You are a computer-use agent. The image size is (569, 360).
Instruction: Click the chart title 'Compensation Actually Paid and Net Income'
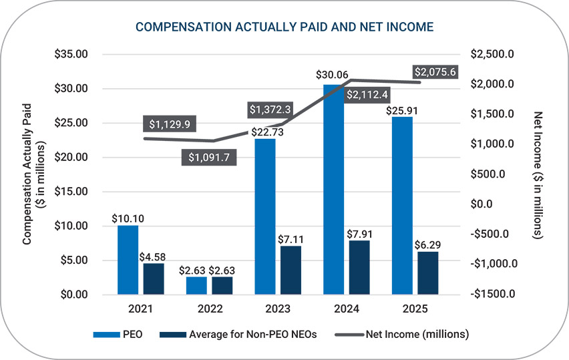pos(284,27)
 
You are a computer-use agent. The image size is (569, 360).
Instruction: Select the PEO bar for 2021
pos(128,260)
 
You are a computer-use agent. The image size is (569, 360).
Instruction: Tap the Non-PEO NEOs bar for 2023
pos(291,270)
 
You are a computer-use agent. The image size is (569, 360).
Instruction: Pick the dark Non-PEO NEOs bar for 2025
pos(428,273)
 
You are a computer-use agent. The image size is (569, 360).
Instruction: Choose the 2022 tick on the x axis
pos(210,309)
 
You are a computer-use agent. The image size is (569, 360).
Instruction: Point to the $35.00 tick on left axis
pos(71,54)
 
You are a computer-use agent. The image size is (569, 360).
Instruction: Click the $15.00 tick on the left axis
pos(71,192)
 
